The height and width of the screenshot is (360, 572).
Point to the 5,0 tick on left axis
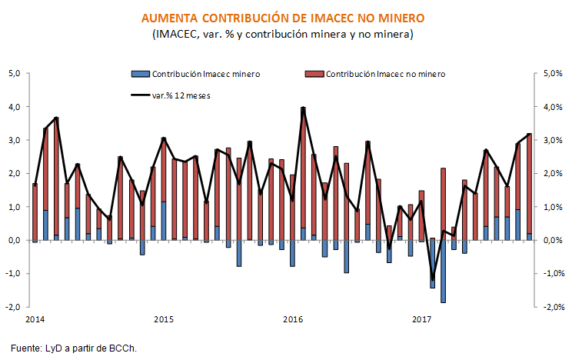point(15,74)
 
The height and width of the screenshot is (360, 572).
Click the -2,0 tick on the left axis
point(13,307)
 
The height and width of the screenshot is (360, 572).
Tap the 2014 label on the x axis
point(34,318)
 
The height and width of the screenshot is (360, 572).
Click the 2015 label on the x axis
point(163,318)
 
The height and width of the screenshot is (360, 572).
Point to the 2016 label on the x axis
point(292,318)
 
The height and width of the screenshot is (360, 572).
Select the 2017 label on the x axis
point(421,318)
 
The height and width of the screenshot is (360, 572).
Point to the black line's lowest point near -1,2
point(432,279)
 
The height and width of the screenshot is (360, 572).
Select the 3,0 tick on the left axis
point(15,141)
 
